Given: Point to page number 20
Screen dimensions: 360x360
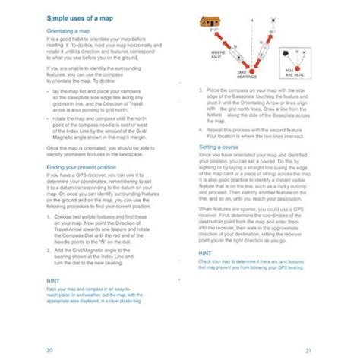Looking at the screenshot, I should (x=49, y=349).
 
